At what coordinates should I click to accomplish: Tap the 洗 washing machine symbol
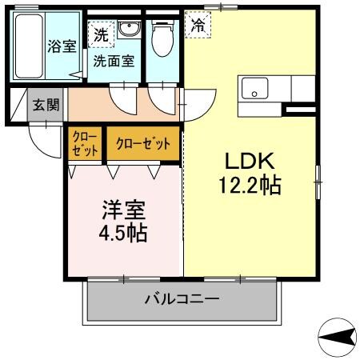pos(100,34)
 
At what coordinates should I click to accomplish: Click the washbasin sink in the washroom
pos(128,30)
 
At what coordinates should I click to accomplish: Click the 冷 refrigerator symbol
pos(197,26)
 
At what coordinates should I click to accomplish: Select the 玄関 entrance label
pos(46,105)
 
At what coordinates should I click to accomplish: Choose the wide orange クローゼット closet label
pos(143,144)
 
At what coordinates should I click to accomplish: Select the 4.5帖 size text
pos(123,234)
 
